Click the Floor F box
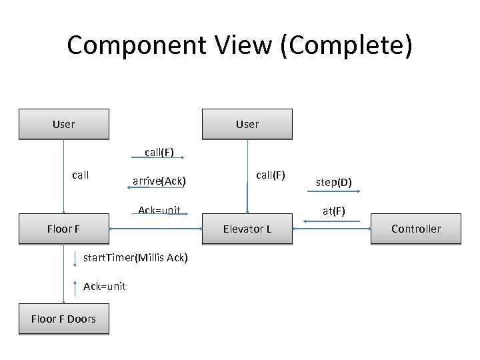pos(63,229)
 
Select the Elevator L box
pos(247,229)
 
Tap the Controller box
pos(415,229)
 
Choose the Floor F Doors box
pos(63,319)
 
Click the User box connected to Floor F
pos(63,124)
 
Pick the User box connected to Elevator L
pos(247,124)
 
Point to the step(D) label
pos(334,182)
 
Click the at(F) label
pos(334,211)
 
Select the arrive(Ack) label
pos(159,181)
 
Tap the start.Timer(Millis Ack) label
pos(135,258)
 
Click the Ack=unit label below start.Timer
pos(105,286)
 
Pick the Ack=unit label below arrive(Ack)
pos(159,211)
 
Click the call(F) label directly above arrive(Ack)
pos(159,152)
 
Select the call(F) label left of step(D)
pos(271,175)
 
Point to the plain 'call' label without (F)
pos(80,175)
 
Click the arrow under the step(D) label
pos(334,192)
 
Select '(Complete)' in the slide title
pos(346,45)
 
